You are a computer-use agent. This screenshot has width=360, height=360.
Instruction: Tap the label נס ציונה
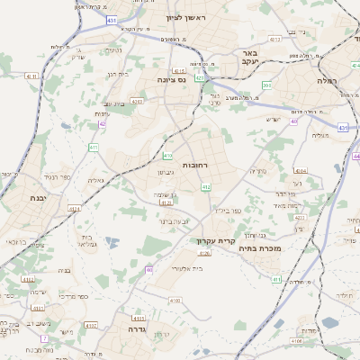point(170,79)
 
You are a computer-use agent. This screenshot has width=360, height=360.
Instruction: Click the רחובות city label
point(195,166)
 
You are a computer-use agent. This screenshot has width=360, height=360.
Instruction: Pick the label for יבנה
point(36,196)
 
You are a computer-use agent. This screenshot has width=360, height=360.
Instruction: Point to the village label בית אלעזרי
point(186,267)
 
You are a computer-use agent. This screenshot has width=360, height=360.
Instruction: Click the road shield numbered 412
point(205,186)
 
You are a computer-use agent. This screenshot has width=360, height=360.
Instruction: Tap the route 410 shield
point(167,156)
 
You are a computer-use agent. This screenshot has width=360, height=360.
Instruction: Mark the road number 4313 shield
point(274,39)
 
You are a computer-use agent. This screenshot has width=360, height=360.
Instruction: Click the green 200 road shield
point(266,85)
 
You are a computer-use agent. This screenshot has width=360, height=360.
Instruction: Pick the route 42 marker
point(102,124)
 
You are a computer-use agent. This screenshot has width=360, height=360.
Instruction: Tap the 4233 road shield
point(299,218)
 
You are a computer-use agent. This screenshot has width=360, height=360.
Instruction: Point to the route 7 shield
point(43,337)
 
